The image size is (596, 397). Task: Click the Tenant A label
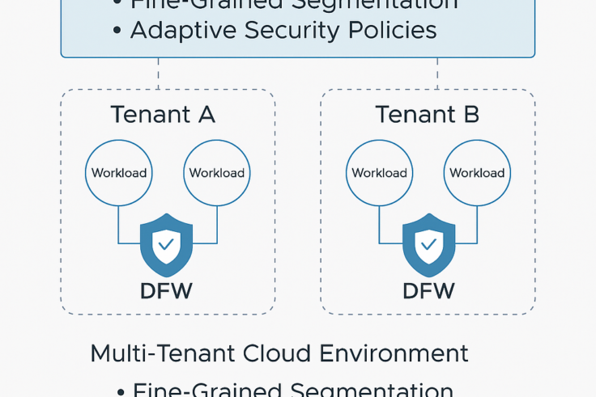[x=163, y=115]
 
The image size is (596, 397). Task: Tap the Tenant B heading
[x=427, y=115]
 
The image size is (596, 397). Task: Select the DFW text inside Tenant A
[x=166, y=291]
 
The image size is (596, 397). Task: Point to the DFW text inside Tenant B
[x=428, y=291]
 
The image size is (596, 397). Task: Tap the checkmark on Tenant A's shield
[x=167, y=243]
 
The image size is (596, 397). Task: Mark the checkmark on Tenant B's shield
[x=428, y=243]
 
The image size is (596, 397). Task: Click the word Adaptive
[x=179, y=31]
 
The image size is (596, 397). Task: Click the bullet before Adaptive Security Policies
[x=117, y=32]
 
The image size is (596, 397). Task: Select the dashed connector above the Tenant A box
[x=158, y=74]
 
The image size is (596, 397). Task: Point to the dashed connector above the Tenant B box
[x=437, y=74]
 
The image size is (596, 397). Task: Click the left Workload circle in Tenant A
[x=119, y=173]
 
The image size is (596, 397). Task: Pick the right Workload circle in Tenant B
[x=477, y=173]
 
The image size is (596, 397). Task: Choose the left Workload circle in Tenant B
[x=379, y=173]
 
